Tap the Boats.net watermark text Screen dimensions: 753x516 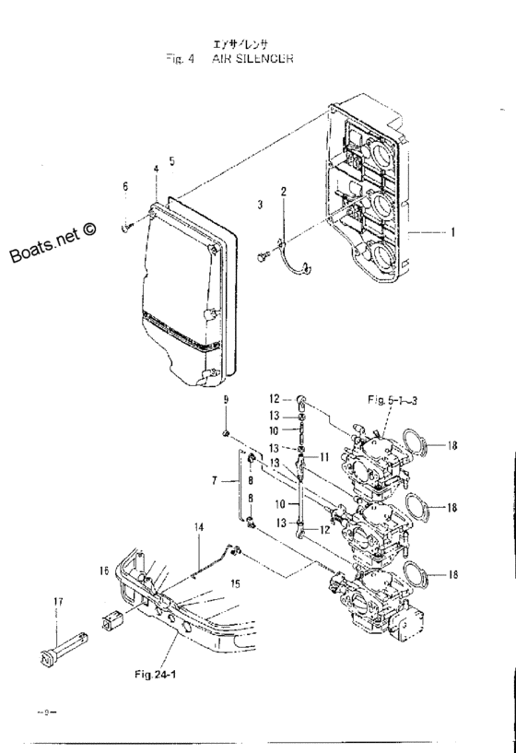click(x=54, y=241)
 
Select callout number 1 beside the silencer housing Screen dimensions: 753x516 click(x=452, y=233)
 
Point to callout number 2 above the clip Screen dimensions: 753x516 click(x=283, y=192)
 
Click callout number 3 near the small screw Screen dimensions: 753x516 click(x=260, y=202)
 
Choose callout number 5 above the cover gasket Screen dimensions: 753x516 click(x=171, y=160)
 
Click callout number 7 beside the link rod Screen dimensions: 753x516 click(x=215, y=481)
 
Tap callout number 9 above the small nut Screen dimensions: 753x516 click(x=224, y=400)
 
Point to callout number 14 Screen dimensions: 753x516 click(x=197, y=526)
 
